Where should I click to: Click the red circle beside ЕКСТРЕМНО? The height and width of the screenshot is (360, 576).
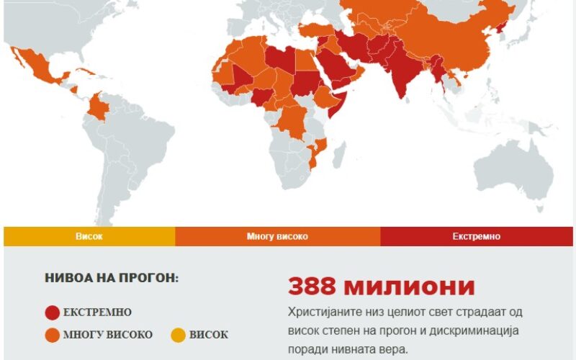pos(52,312)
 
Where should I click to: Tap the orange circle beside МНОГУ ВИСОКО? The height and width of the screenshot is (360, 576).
pos(52,335)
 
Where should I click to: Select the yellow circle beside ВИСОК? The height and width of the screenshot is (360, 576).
pos(178,335)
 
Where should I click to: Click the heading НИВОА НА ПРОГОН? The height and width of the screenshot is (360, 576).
pos(112,278)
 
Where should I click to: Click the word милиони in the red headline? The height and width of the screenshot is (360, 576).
pos(409,287)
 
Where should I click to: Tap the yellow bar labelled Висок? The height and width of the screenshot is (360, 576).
pos(89,236)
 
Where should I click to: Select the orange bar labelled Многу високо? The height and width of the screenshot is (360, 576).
pos(277,236)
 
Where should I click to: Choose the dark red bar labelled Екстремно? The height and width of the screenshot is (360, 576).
pos(477,236)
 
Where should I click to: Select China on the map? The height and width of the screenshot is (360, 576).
pos(454,43)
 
